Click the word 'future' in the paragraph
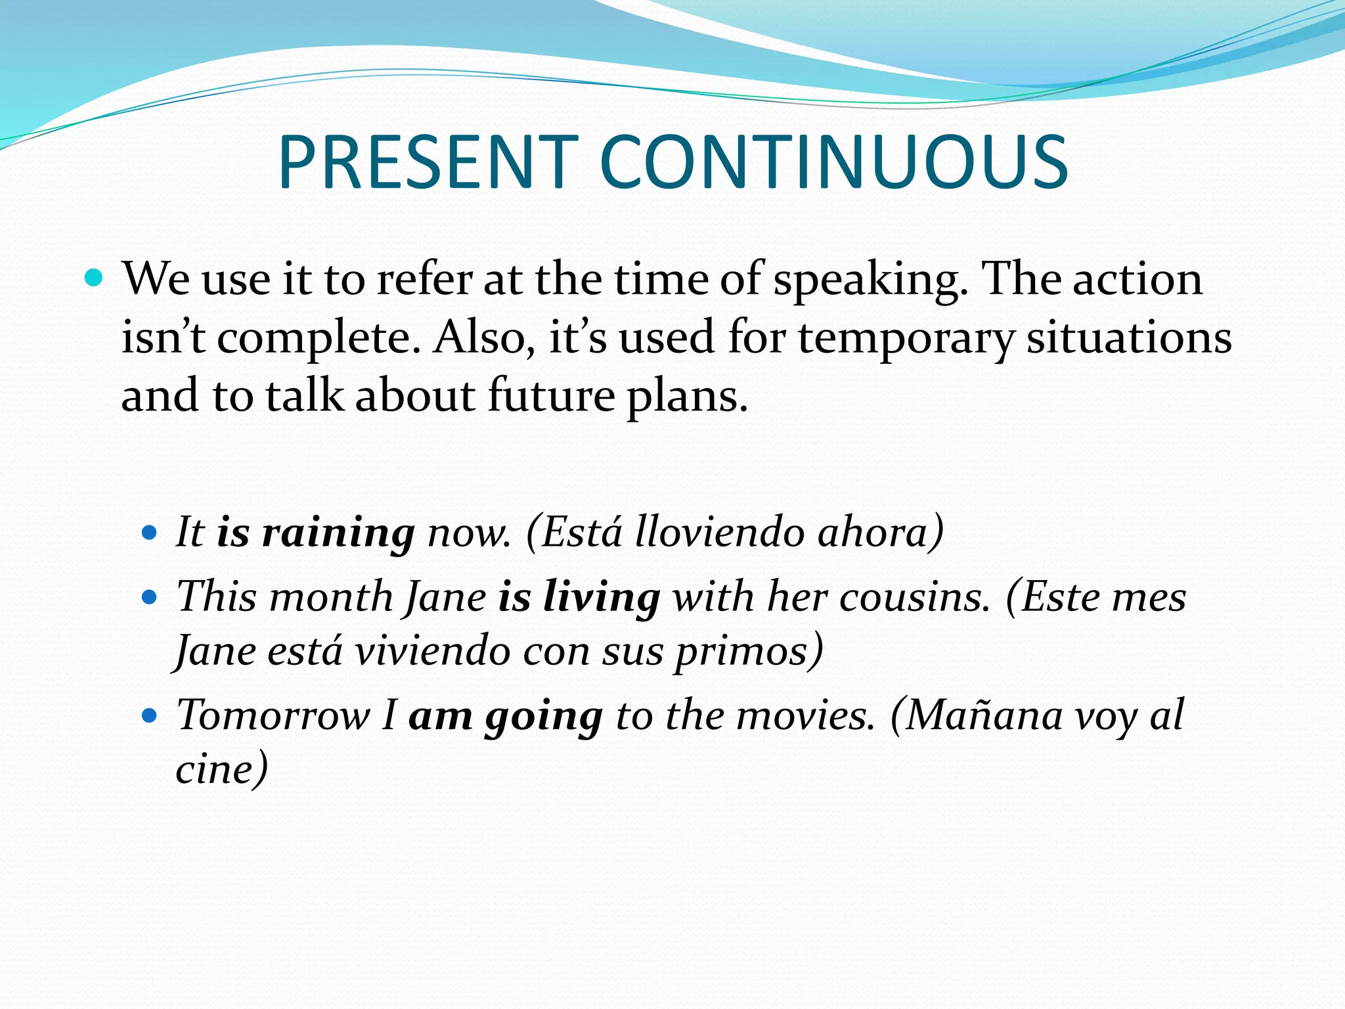coord(551,396)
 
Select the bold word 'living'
coord(602,598)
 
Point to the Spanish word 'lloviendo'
coord(720,531)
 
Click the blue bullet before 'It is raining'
coord(150,531)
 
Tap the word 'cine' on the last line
coord(216,769)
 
